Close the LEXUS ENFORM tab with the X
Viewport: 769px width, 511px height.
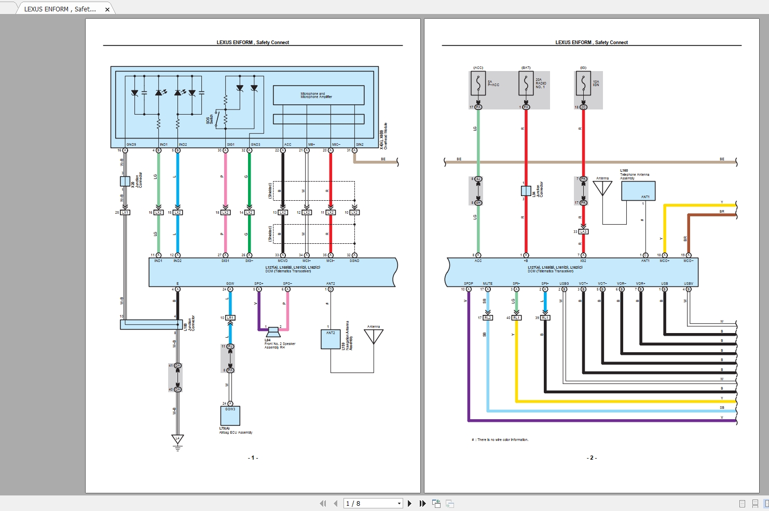click(x=107, y=9)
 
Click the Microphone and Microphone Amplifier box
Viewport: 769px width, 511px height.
click(x=318, y=95)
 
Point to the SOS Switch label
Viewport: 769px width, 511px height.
click(x=209, y=119)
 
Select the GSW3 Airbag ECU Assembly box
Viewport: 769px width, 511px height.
click(x=230, y=416)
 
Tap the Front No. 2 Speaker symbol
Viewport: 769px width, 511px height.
click(x=273, y=332)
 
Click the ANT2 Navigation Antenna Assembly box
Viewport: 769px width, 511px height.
click(x=331, y=339)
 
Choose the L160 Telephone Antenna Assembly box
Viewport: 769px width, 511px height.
click(x=638, y=191)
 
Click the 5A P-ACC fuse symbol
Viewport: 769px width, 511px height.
click(x=478, y=84)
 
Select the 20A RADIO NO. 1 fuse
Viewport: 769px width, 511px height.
click(x=526, y=84)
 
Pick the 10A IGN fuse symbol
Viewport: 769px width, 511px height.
click(x=583, y=84)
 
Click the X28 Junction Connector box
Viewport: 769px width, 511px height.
click(x=125, y=181)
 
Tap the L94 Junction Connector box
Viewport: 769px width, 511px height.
click(x=526, y=190)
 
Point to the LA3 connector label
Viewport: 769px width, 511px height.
click(x=583, y=232)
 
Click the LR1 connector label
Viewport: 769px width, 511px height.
click(x=230, y=317)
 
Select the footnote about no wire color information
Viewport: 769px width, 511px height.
click(x=500, y=440)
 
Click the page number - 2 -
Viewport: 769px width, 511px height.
click(x=592, y=458)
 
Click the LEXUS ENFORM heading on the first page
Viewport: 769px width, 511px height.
click(x=253, y=43)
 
